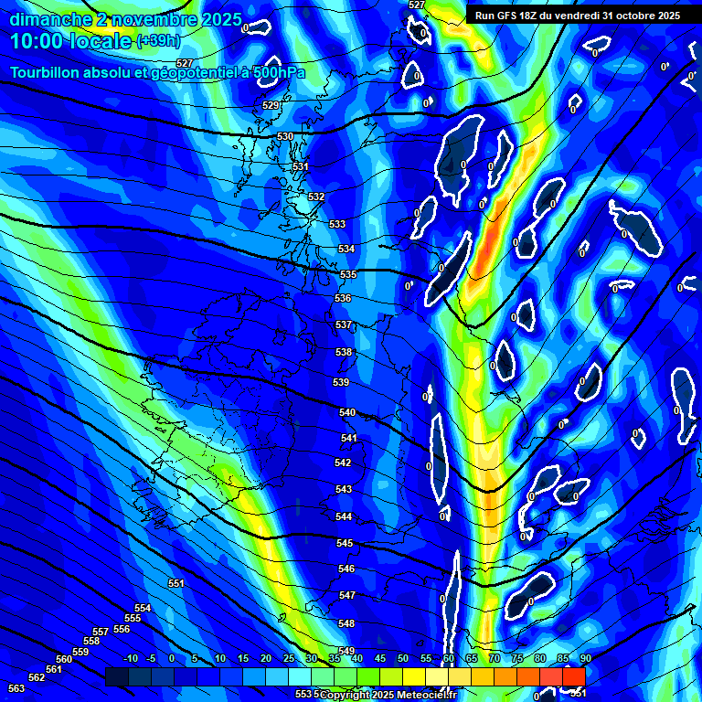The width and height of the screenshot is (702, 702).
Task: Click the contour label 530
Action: point(285,136)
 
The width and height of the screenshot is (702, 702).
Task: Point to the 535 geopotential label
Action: point(348,274)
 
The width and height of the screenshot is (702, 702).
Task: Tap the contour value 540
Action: point(347,412)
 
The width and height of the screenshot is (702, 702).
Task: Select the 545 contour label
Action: point(345,543)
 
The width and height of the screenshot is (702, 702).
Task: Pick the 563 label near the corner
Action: point(16,688)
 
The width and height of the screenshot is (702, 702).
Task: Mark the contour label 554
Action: point(143,608)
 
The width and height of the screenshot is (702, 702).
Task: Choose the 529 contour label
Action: point(271,105)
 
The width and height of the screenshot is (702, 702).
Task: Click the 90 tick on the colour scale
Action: point(585,658)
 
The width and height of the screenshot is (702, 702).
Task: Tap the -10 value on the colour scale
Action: point(130,658)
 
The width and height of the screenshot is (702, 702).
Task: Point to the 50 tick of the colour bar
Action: point(403,658)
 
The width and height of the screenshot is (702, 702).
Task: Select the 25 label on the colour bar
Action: point(288,658)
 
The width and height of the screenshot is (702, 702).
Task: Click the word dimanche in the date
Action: point(51,19)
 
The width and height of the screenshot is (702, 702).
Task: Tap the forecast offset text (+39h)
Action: point(157,41)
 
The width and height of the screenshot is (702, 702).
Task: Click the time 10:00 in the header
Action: point(37,41)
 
